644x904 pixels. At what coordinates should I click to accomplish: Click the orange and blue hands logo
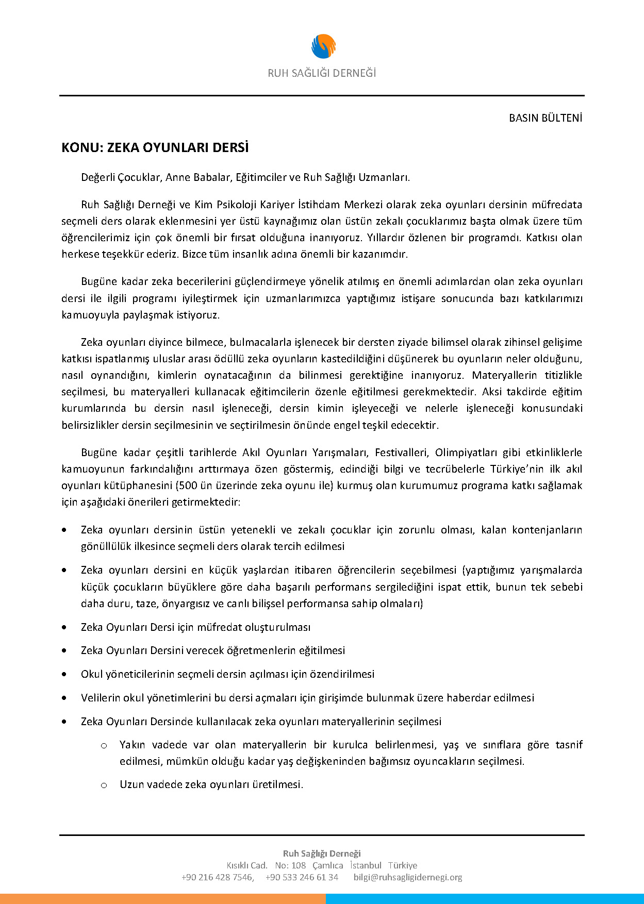pos(323,46)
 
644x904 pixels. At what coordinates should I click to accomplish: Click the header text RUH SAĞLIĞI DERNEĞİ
pos(322,73)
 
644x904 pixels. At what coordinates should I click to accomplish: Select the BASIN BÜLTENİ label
pos(546,118)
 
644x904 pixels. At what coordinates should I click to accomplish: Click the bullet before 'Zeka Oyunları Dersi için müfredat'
pos(64,627)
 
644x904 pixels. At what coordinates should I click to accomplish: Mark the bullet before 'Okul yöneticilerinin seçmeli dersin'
pos(64,674)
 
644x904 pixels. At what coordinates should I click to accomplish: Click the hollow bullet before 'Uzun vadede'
pos(104,785)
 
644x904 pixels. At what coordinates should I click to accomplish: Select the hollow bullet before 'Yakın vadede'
pos(104,745)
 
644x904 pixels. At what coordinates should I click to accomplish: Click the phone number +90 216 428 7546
pos(217,877)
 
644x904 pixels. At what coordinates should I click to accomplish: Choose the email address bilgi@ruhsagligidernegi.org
pos(408,877)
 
